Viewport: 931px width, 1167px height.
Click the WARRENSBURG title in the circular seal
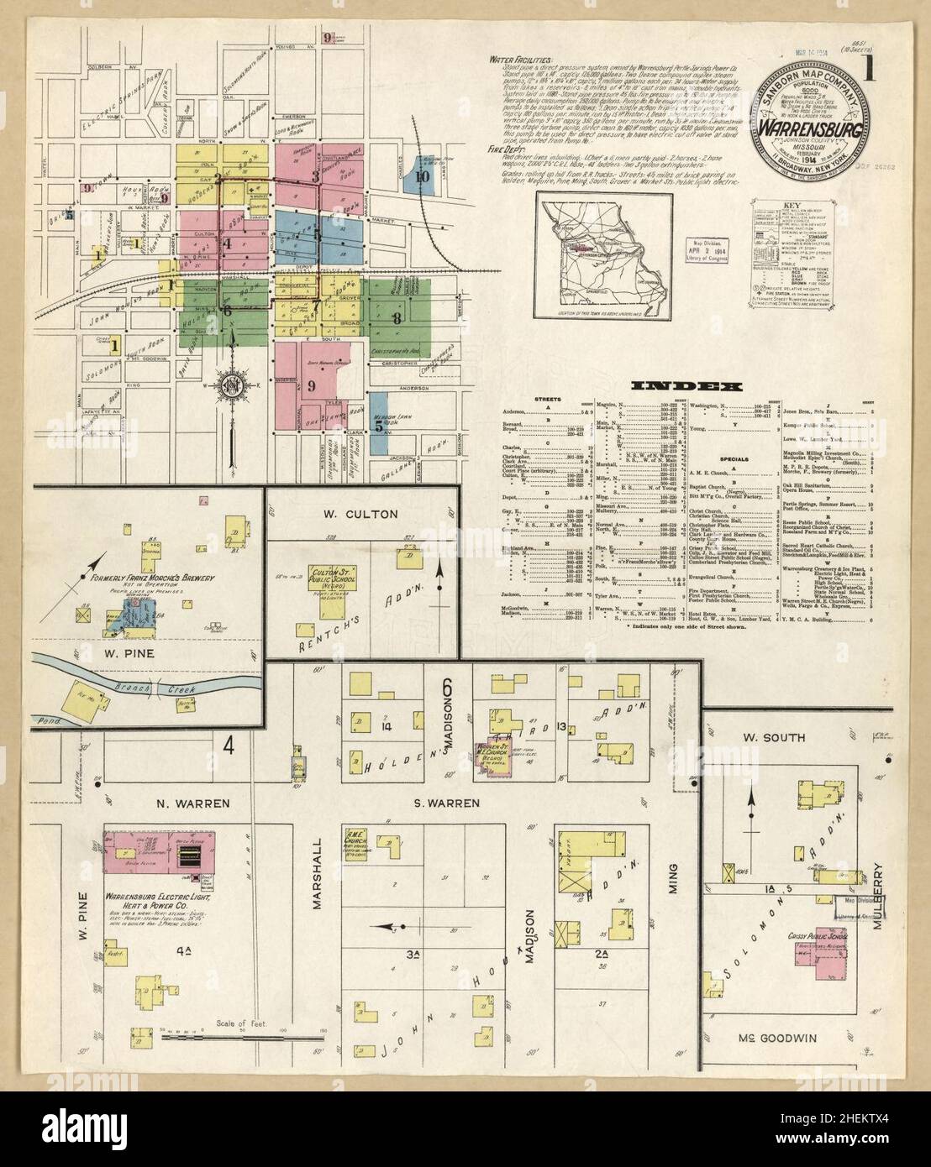(811, 128)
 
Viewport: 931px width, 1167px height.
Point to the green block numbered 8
(397, 317)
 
